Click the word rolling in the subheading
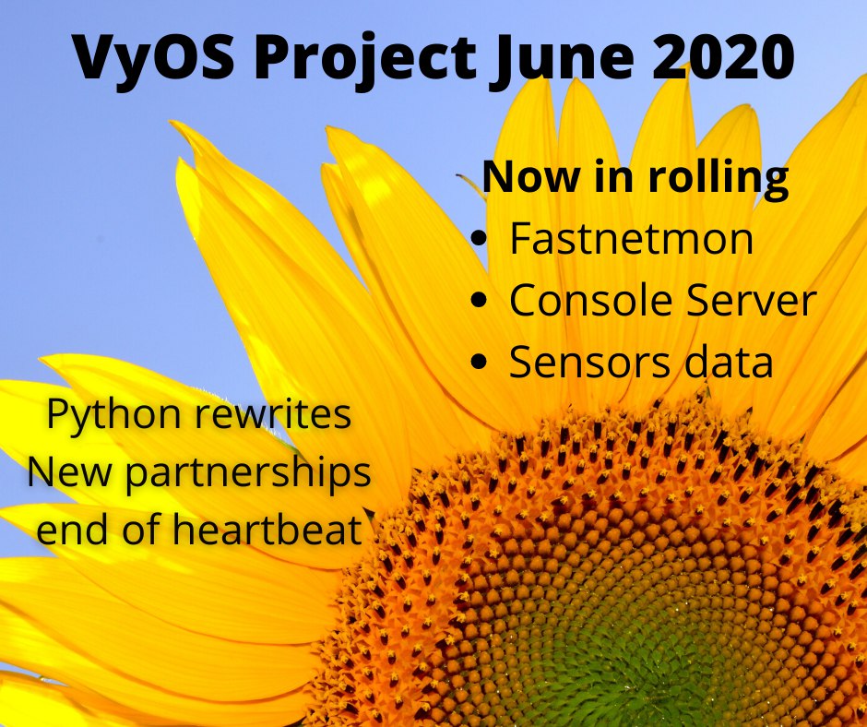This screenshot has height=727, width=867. click(x=718, y=178)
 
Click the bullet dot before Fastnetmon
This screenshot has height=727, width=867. click(x=480, y=238)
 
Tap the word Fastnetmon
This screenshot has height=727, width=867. click(x=631, y=238)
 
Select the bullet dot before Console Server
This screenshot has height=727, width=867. click(x=480, y=300)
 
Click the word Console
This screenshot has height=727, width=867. click(x=590, y=300)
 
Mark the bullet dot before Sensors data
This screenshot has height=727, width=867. click(x=480, y=362)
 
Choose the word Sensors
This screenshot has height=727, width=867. click(x=590, y=362)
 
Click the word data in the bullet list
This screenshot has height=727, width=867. click(x=729, y=362)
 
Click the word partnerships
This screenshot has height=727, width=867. click(x=247, y=473)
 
